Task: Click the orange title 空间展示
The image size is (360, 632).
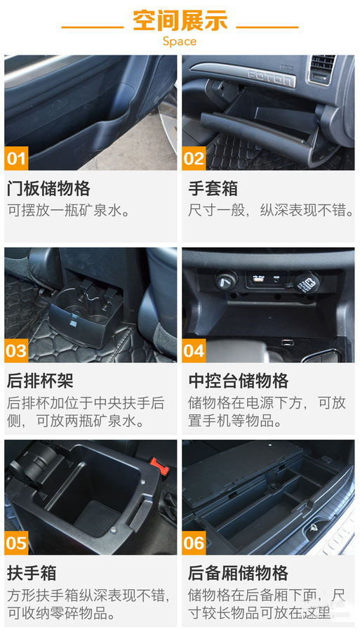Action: click(180, 20)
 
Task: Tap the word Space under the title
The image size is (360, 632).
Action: click(180, 41)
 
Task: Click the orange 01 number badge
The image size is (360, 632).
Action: click(16, 159)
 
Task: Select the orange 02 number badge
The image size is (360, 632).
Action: click(194, 159)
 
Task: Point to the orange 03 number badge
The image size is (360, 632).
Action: click(16, 350)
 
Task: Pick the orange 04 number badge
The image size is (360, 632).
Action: click(194, 350)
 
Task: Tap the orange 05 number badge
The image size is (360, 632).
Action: click(16, 543)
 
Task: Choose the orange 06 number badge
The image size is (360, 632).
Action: click(194, 543)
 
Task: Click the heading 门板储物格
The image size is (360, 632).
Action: click(48, 189)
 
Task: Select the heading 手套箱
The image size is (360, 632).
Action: click(213, 189)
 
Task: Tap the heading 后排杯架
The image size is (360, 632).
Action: click(40, 381)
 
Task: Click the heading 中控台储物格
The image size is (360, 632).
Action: click(239, 381)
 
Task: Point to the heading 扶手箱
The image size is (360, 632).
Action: click(32, 573)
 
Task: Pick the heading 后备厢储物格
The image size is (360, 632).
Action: click(239, 573)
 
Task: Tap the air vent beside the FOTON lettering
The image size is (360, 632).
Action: click(321, 69)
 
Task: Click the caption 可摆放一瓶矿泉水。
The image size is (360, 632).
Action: click(69, 211)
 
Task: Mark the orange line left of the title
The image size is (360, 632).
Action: click(92, 27)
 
